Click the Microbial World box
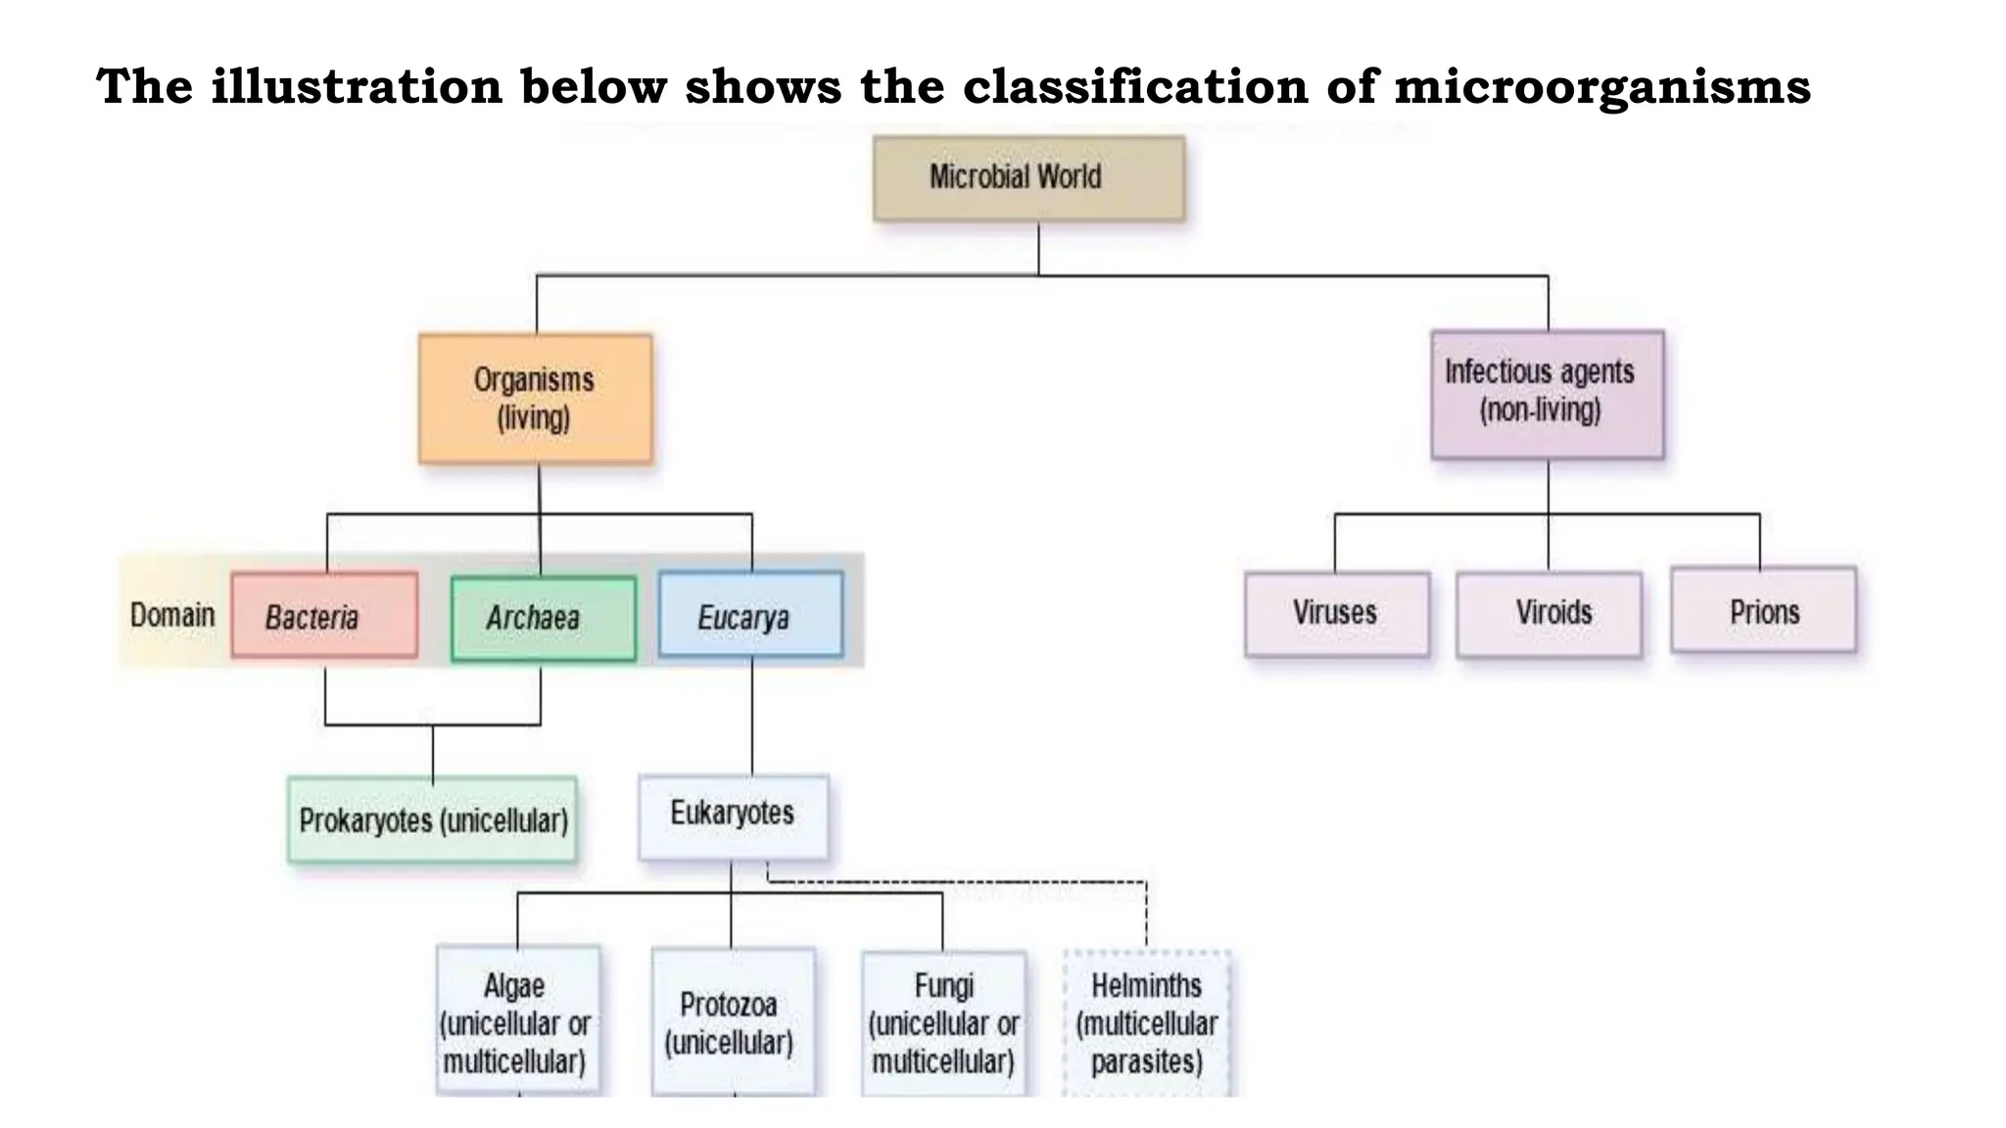(x=1028, y=178)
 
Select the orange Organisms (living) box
(x=535, y=399)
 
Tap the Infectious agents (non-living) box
(x=1547, y=395)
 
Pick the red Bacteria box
(x=324, y=616)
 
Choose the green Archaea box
(x=543, y=619)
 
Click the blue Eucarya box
(x=750, y=615)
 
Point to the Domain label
(x=172, y=615)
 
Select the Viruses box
(x=1336, y=614)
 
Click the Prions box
(x=1763, y=611)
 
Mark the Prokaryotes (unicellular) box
(x=432, y=820)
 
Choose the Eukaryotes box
(x=733, y=817)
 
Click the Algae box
(x=517, y=1020)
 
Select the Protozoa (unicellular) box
(x=732, y=1021)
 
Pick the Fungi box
(x=943, y=1021)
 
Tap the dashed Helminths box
(x=1146, y=1021)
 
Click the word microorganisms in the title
(x=1602, y=86)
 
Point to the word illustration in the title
(x=357, y=86)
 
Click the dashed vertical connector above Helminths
(x=1146, y=916)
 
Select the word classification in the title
(x=1135, y=86)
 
